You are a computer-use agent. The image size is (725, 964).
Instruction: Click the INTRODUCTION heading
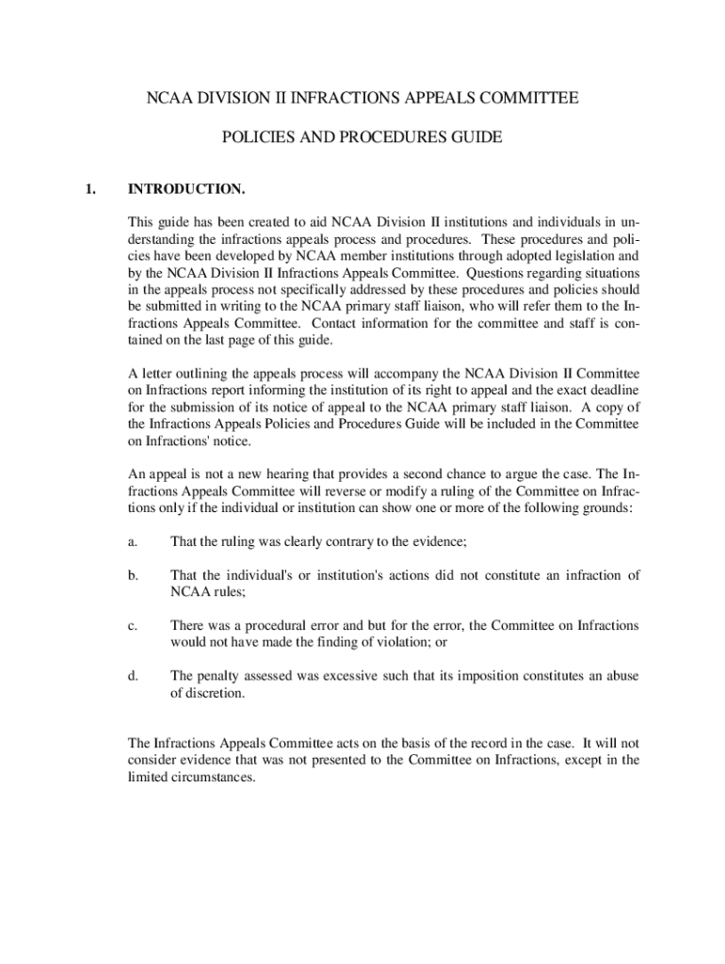(186, 190)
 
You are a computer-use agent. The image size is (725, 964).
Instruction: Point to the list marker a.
(133, 541)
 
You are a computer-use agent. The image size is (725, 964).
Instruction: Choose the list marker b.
(133, 574)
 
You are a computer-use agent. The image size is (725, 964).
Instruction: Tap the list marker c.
(133, 625)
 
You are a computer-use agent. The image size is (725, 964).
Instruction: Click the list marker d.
(133, 675)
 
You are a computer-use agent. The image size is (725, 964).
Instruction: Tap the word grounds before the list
(609, 507)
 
